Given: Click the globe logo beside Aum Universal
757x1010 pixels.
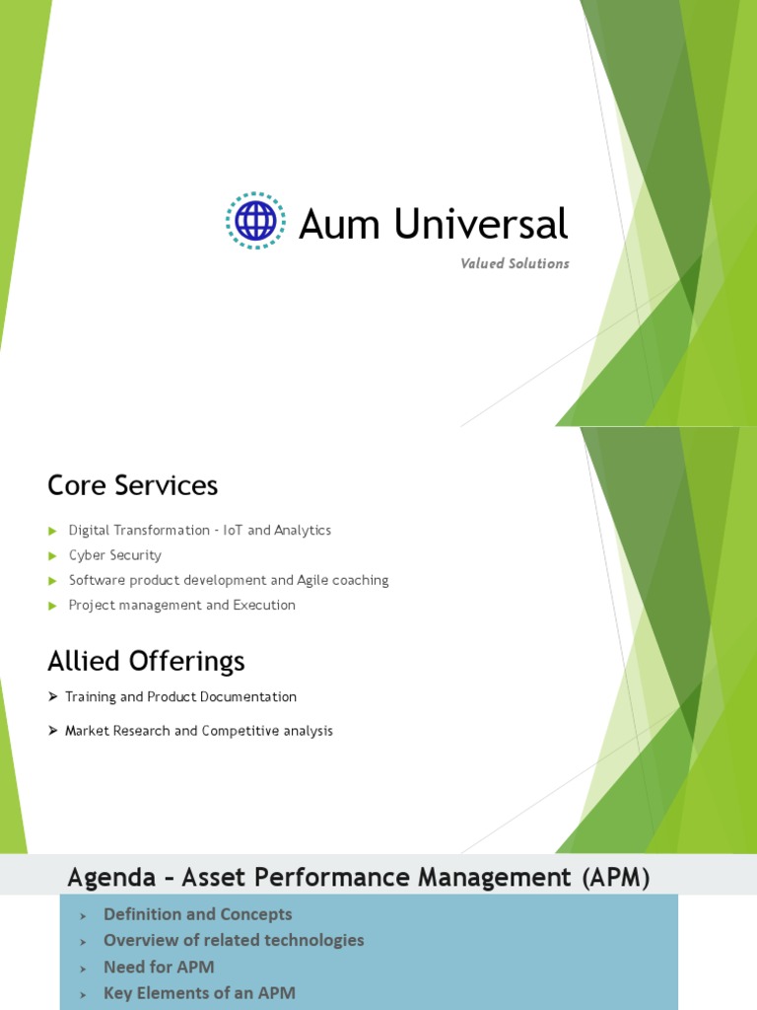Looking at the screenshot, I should [x=255, y=220].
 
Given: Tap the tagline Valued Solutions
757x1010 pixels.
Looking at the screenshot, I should [x=515, y=263].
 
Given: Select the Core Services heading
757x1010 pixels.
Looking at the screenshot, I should [x=132, y=485].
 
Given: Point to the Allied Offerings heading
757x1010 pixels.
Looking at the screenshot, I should [x=146, y=660].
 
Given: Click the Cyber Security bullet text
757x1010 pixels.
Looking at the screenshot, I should [x=114, y=555].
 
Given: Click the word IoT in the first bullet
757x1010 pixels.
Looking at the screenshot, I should [x=232, y=531].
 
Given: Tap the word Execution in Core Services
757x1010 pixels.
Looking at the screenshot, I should [x=263, y=606].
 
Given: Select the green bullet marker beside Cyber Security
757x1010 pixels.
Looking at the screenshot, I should [x=53, y=556].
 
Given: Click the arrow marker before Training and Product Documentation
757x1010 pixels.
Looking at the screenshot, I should [x=53, y=697].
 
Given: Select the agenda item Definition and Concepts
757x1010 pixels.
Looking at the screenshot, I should [x=197, y=914].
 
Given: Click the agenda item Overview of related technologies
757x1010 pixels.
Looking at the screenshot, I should [x=234, y=940].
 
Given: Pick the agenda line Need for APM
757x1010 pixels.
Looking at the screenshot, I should [x=159, y=967].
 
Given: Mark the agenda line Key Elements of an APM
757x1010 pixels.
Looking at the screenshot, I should [x=199, y=993].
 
